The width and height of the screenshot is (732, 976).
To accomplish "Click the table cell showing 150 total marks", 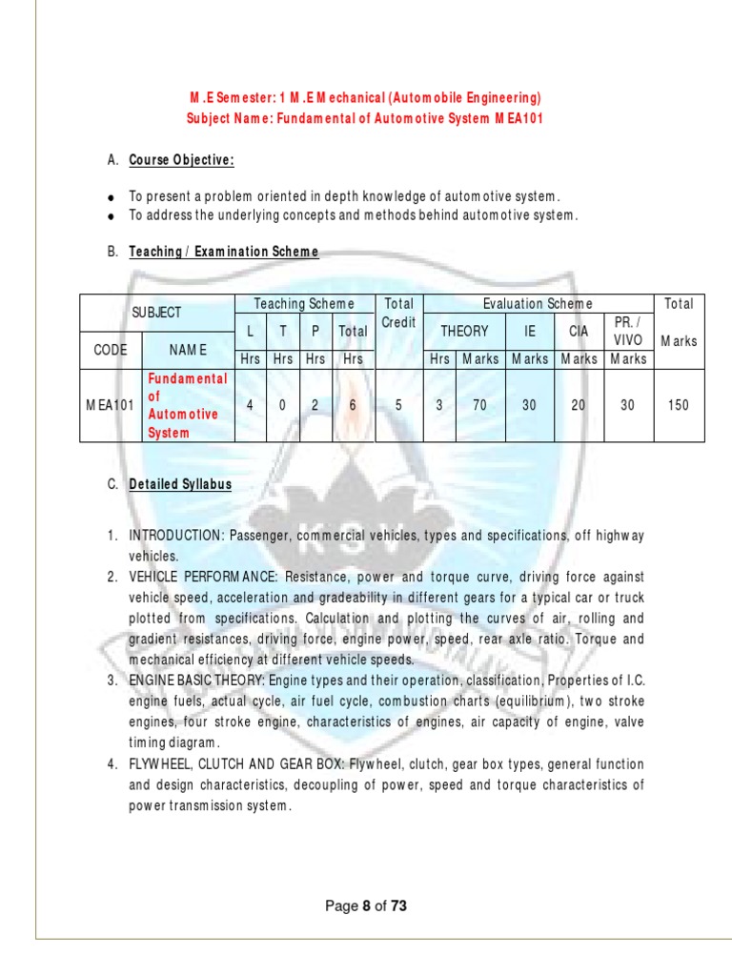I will click(x=679, y=405).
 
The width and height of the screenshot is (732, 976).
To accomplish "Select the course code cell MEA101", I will click(x=111, y=405).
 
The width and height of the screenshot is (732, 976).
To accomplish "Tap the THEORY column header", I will click(x=464, y=331).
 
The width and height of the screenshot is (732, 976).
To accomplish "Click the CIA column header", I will click(x=579, y=331).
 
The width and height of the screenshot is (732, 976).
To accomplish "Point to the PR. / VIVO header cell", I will click(x=628, y=331).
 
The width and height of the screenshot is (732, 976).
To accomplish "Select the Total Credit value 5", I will click(x=398, y=405).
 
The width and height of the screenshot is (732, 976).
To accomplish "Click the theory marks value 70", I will click(x=479, y=405).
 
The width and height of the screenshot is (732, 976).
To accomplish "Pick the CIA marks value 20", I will click(x=579, y=405).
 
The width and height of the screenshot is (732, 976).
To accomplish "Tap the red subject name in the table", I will click(x=187, y=405).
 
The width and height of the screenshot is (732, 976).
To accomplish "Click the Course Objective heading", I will click(x=182, y=160).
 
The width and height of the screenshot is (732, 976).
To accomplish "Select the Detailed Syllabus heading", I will click(x=180, y=484).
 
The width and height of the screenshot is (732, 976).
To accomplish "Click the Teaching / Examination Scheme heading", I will click(x=224, y=252).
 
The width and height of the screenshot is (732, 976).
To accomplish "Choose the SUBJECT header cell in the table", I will click(x=157, y=313).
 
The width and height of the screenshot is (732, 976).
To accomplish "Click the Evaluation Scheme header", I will click(x=538, y=303).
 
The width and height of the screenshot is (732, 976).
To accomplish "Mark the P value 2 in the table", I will click(x=315, y=405).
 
